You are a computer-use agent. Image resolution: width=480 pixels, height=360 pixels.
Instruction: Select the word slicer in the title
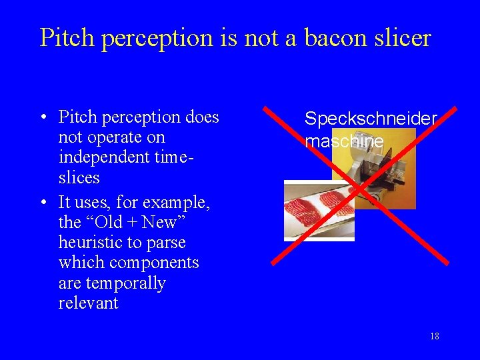(402, 38)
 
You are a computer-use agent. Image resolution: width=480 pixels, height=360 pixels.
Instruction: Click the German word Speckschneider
(371, 119)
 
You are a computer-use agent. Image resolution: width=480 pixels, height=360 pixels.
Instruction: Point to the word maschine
(344, 141)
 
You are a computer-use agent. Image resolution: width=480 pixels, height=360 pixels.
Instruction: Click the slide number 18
(434, 336)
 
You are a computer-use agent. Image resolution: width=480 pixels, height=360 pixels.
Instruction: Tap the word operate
(111, 137)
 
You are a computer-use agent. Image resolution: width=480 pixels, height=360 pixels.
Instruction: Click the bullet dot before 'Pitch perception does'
(42, 118)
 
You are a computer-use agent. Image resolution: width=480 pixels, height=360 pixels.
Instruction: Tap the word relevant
(88, 303)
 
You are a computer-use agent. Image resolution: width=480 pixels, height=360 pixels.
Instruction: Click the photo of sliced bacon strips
(319, 209)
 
